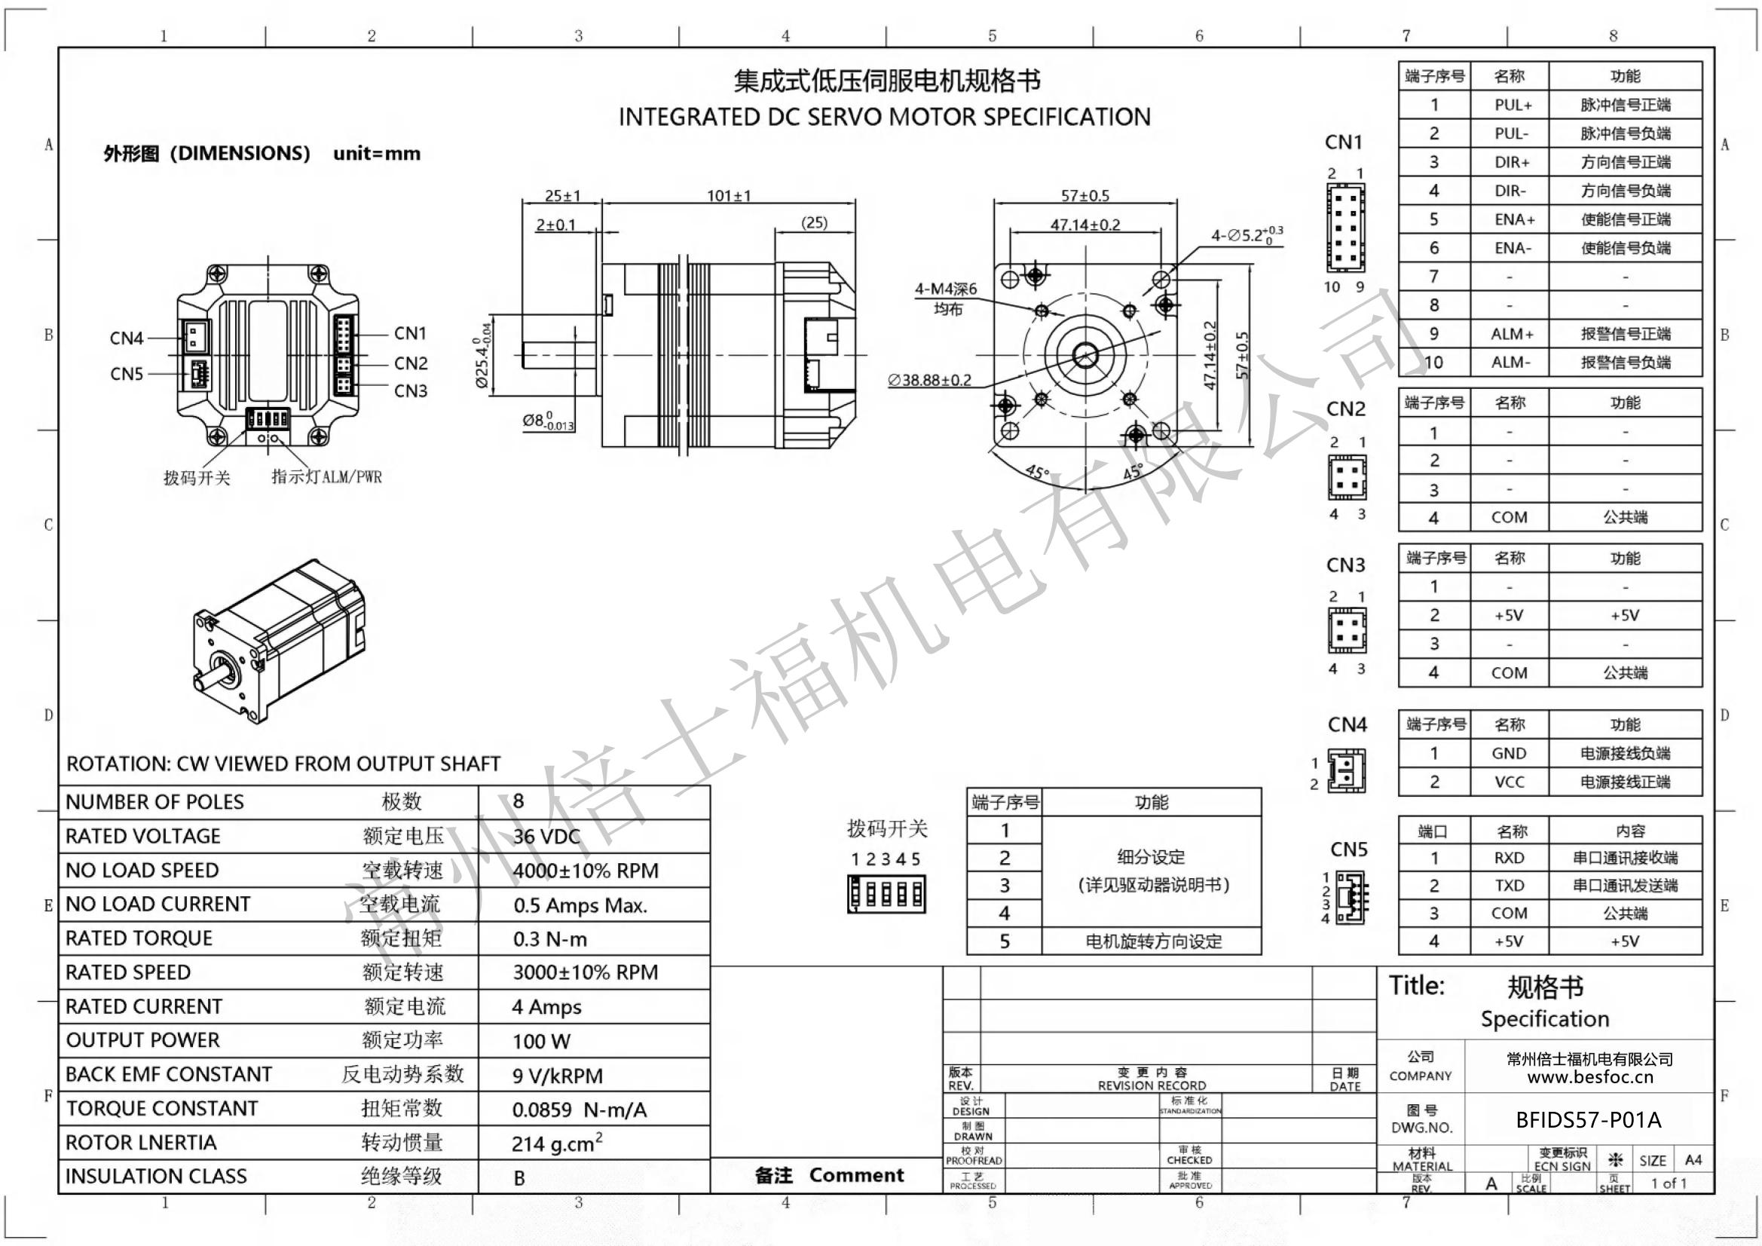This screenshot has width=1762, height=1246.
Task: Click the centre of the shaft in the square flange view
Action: click(x=1084, y=356)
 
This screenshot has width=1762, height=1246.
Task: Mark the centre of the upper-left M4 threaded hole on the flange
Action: click(x=1042, y=311)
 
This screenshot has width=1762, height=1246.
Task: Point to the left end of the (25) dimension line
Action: click(x=775, y=231)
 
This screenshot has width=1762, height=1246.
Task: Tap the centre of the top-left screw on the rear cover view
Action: click(x=217, y=274)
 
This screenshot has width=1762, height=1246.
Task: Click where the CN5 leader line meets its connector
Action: click(x=191, y=374)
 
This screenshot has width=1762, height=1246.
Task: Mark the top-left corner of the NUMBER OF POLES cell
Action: click(x=60, y=785)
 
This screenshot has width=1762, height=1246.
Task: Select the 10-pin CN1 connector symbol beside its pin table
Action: click(x=1346, y=227)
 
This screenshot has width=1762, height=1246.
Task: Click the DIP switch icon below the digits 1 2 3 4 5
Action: click(x=886, y=895)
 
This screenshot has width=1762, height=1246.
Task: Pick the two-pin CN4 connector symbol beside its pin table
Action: click(x=1347, y=771)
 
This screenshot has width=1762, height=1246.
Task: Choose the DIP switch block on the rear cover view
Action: click(x=267, y=419)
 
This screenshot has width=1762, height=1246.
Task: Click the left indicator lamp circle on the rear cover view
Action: click(x=262, y=439)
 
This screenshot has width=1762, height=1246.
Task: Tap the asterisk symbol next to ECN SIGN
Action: click(x=1616, y=1160)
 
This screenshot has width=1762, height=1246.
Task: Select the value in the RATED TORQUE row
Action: click(x=549, y=940)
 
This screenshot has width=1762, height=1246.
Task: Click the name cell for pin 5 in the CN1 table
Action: click(x=1510, y=219)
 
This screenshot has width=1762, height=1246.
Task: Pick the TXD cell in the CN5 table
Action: click(x=1510, y=886)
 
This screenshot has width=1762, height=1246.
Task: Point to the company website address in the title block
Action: click(x=1589, y=1077)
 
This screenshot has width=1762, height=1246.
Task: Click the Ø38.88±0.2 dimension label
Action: click(x=929, y=380)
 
